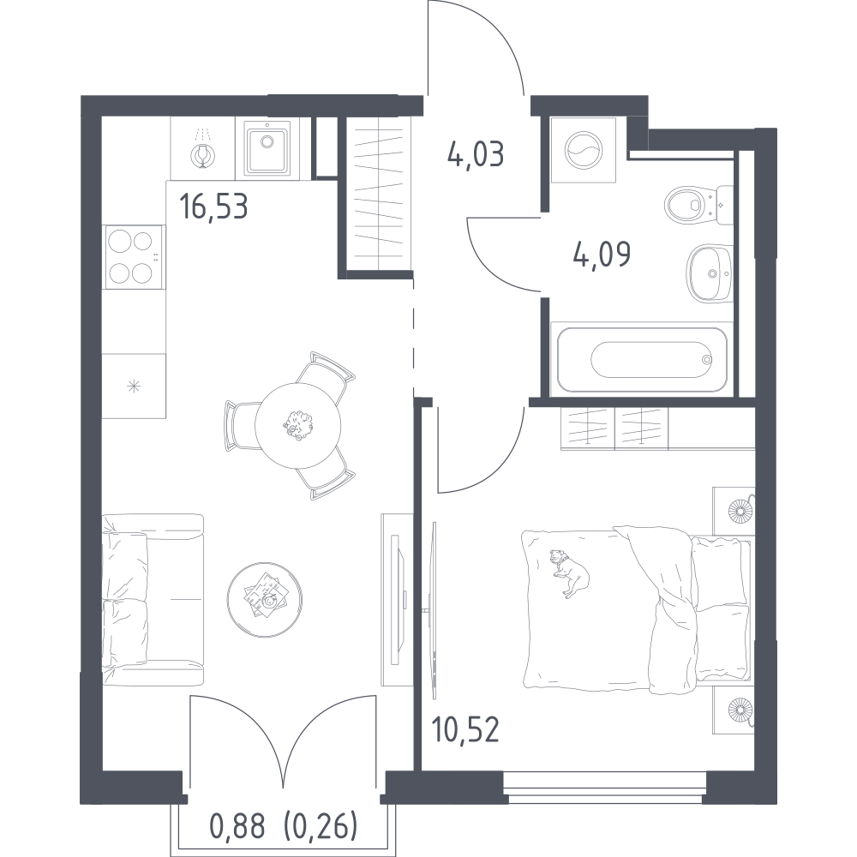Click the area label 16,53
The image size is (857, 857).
pos(213,207)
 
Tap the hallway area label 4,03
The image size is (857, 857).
pos(475,154)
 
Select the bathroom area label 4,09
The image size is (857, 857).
pos(602,254)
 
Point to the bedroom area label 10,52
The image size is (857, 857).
pos(465,729)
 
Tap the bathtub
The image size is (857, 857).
pos(642,359)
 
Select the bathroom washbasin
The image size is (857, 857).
pos(709,273)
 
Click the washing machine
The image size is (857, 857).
pos(584,150)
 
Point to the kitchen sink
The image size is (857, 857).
pos(267,147)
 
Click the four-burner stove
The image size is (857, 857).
pos(135,256)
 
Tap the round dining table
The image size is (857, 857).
pos(298,425)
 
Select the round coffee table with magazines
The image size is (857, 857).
pos(265,600)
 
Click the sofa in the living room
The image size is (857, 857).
pos(153,600)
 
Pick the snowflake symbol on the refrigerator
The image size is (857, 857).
pos(134,387)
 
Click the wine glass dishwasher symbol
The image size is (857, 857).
pos(202,154)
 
